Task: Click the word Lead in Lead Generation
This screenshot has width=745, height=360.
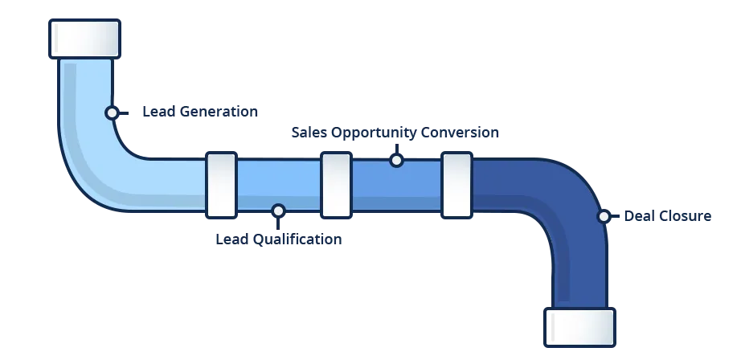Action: click(154, 112)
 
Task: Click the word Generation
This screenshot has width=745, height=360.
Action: click(213, 112)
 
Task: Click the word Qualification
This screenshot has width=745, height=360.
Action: click(297, 239)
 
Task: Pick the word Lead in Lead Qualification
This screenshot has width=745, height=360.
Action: click(227, 239)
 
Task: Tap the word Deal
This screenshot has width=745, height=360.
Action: click(635, 215)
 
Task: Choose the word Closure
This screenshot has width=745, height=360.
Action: click(681, 215)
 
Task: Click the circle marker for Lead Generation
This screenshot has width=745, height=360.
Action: click(113, 113)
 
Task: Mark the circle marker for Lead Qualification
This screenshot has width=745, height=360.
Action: click(278, 211)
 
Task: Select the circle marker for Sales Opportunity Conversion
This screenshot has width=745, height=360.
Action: click(396, 161)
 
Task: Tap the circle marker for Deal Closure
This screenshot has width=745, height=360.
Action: click(604, 216)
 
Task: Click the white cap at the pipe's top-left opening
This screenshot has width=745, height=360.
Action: click(84, 39)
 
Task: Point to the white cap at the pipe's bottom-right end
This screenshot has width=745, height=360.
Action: click(579, 327)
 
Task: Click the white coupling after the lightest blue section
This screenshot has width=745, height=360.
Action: click(221, 186)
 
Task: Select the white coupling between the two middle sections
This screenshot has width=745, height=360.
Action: click(336, 186)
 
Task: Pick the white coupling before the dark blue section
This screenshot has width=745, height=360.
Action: click(456, 186)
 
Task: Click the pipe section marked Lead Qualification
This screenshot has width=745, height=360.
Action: click(278, 185)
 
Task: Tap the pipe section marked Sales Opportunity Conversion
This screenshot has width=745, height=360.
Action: click(396, 186)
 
